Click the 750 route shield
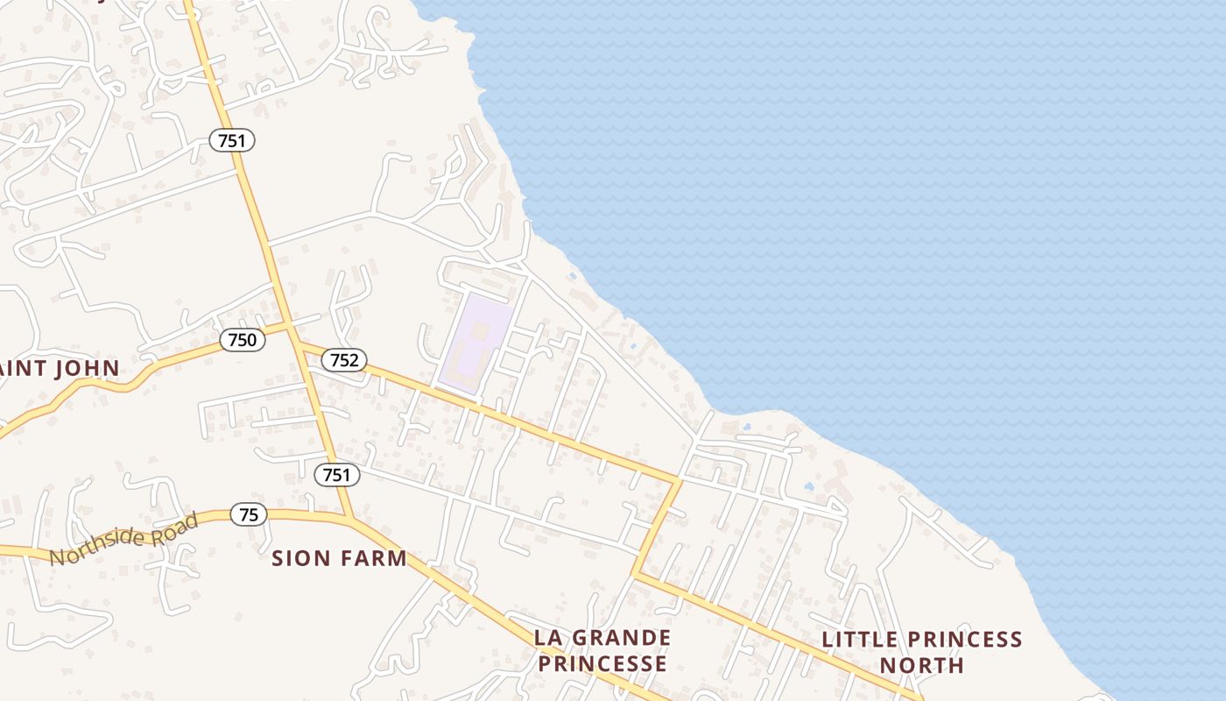pyautogui.click(x=242, y=340)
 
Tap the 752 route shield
pyautogui.click(x=344, y=359)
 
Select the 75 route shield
pyautogui.click(x=249, y=514)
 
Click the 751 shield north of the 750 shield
pyautogui.click(x=232, y=139)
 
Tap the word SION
pyautogui.click(x=298, y=558)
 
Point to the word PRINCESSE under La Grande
pyautogui.click(x=602, y=663)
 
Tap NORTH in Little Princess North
pyautogui.click(x=921, y=665)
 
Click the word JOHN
pyautogui.click(x=87, y=368)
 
